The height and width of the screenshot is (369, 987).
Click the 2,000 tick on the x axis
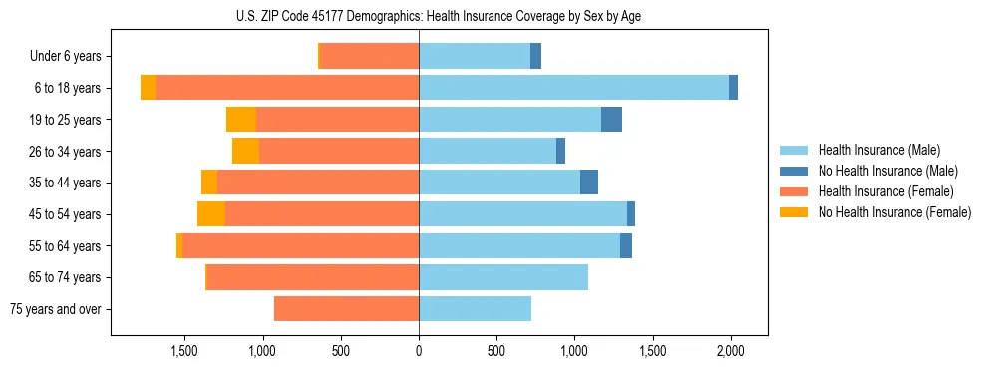(731, 351)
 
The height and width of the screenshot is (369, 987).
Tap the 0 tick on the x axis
(419, 351)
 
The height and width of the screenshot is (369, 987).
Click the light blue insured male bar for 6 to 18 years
(573, 88)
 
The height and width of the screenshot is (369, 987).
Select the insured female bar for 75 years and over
(346, 309)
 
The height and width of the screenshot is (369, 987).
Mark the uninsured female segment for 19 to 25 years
(241, 120)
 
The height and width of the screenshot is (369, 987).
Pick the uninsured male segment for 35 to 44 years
(589, 183)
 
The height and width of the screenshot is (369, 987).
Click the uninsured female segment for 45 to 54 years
(211, 214)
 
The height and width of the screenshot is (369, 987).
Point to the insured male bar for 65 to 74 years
(503, 277)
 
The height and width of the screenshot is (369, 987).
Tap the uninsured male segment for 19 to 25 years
(611, 120)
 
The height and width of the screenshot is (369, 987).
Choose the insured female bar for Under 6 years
(369, 57)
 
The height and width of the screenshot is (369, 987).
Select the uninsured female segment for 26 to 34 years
(245, 152)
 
